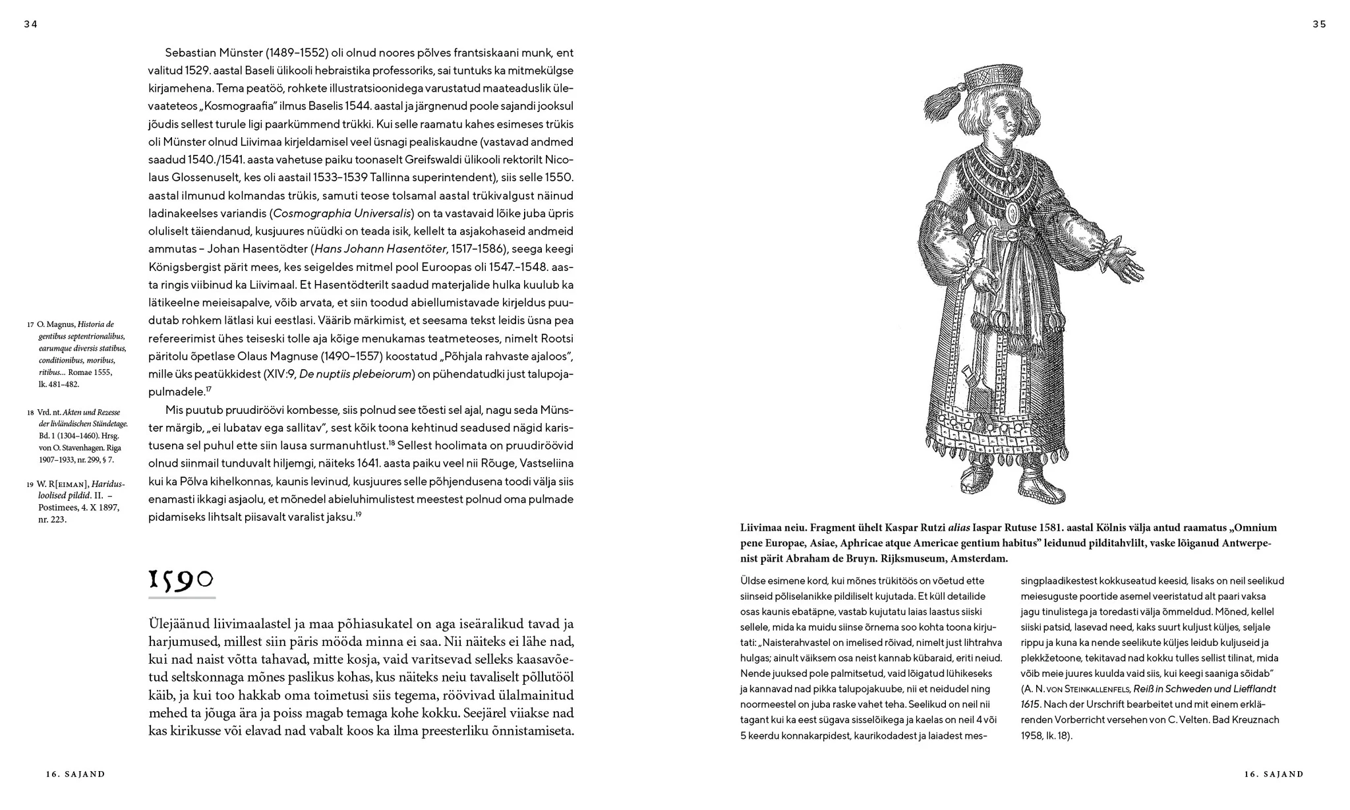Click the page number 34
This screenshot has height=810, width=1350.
[x=31, y=24]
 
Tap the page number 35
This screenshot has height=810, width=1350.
[x=1319, y=24]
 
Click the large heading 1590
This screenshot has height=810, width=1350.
[x=181, y=580]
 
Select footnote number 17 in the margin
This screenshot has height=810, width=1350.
[x=30, y=325]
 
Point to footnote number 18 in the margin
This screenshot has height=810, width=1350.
[x=30, y=413]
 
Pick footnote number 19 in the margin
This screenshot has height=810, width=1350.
[x=30, y=485]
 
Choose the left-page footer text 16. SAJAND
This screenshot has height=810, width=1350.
[x=75, y=774]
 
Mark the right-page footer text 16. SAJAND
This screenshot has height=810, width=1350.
[x=1274, y=774]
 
